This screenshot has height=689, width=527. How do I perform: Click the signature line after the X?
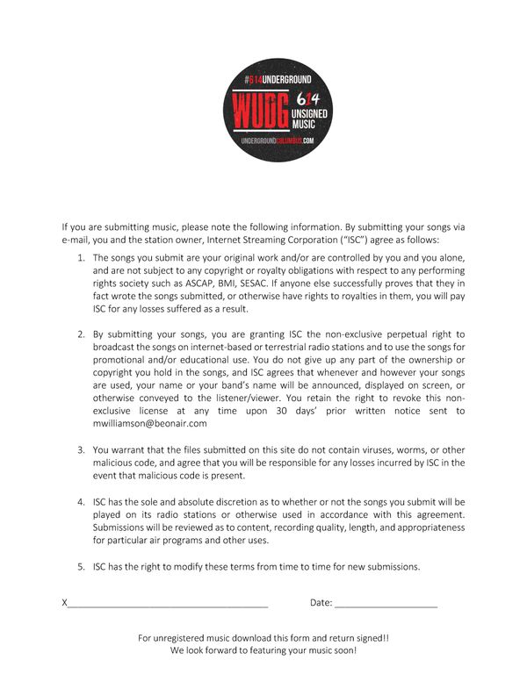coord(168,604)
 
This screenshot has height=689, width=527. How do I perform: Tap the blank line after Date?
coord(386,604)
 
